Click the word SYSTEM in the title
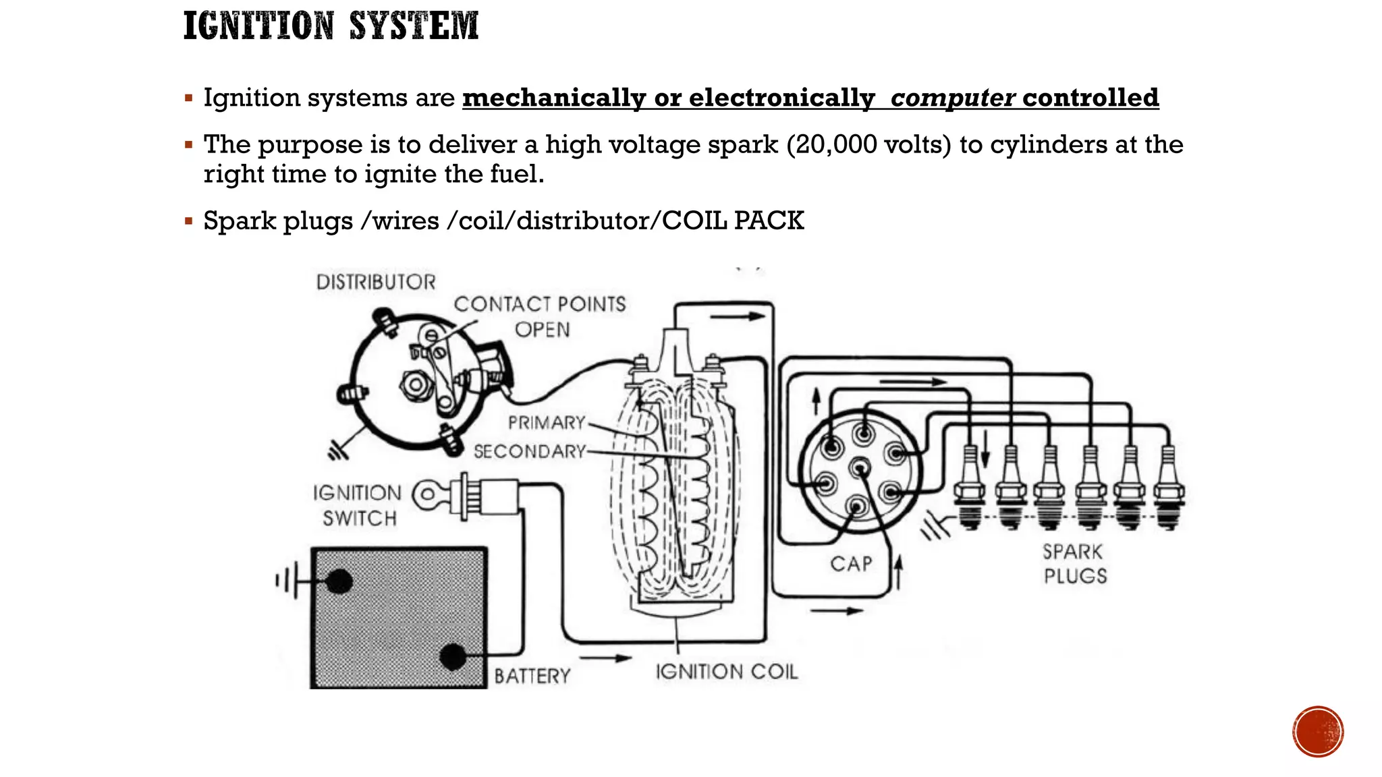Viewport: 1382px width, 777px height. coord(414,26)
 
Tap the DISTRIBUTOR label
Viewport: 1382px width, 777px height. coord(376,282)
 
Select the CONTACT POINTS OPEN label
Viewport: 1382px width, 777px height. coord(540,316)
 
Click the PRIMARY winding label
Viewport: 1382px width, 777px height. coord(547,423)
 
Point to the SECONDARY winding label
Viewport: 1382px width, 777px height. coord(530,451)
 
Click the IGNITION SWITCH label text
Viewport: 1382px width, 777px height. coord(358,505)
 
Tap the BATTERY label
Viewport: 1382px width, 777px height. coord(532,676)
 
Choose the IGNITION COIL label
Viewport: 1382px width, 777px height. coord(727,672)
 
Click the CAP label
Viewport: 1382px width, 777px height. coord(851,564)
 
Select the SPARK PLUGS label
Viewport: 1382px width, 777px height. coord(1075,564)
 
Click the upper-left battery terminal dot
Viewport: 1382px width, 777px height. coord(339,581)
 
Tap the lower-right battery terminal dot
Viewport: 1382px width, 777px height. coord(453,656)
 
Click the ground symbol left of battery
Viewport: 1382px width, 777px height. coord(286,581)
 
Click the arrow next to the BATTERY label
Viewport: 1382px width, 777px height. coord(605,658)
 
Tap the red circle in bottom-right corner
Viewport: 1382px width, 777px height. coord(1318,732)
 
